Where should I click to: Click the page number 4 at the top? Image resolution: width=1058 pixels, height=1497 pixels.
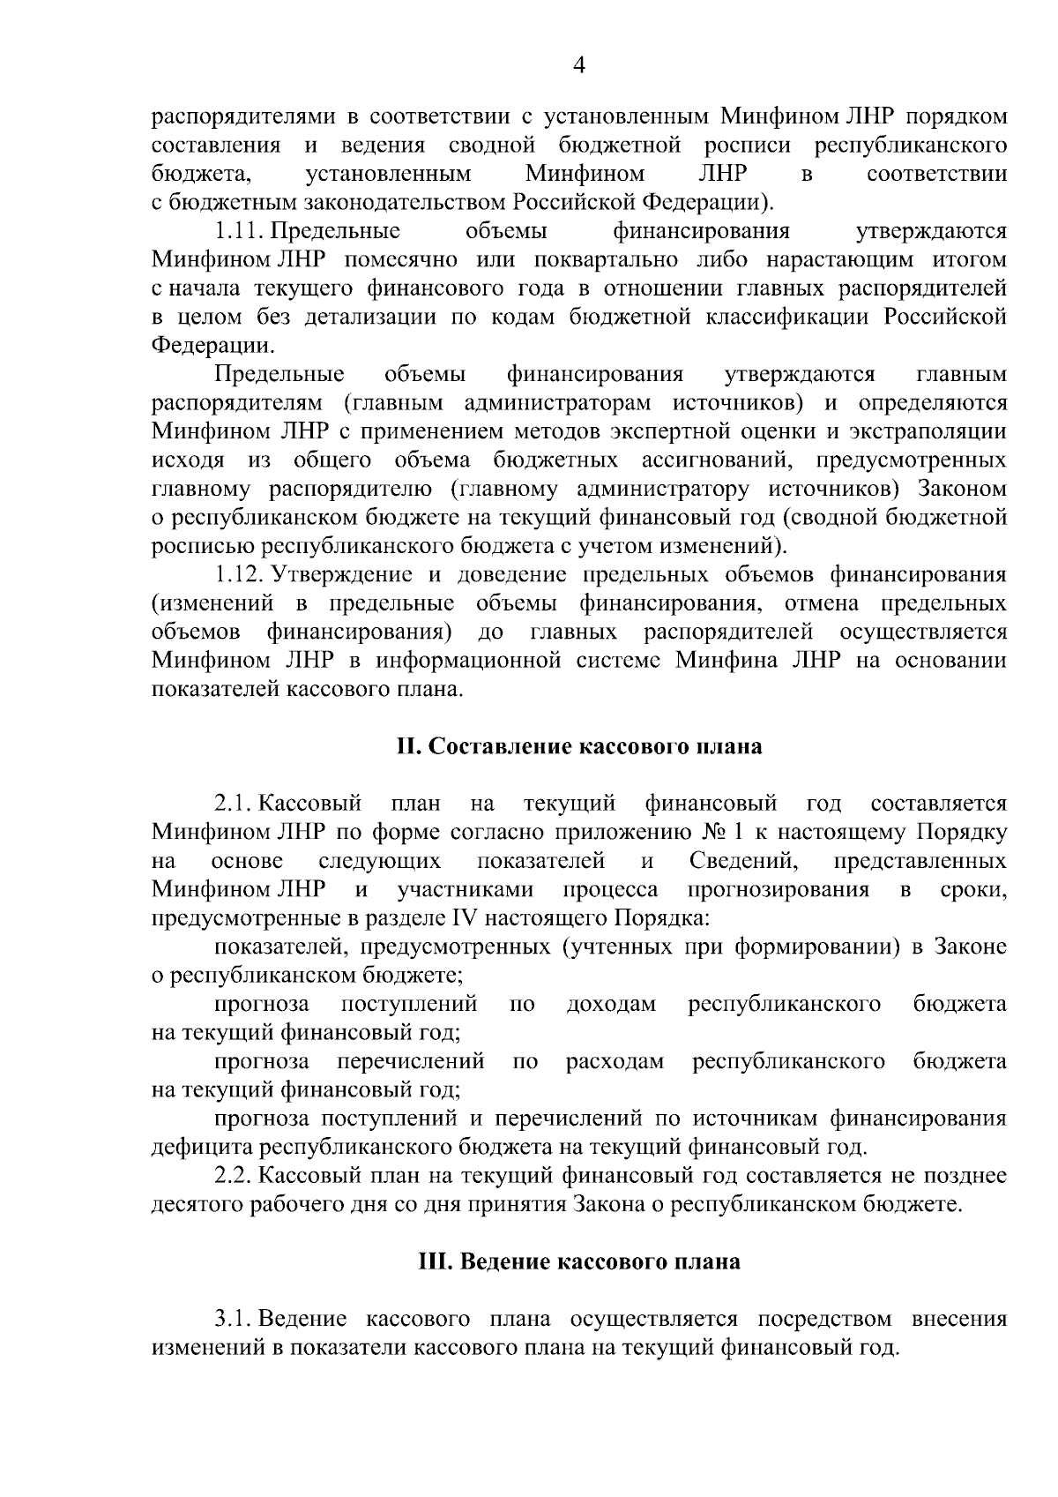tap(579, 65)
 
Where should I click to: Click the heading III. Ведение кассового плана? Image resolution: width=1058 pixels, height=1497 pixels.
tap(579, 1261)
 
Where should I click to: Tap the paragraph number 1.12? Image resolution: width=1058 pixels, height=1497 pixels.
tap(240, 575)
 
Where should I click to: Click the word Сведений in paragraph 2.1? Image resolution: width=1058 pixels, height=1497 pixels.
tap(744, 861)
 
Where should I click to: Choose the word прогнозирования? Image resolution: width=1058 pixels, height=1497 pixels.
tap(778, 889)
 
